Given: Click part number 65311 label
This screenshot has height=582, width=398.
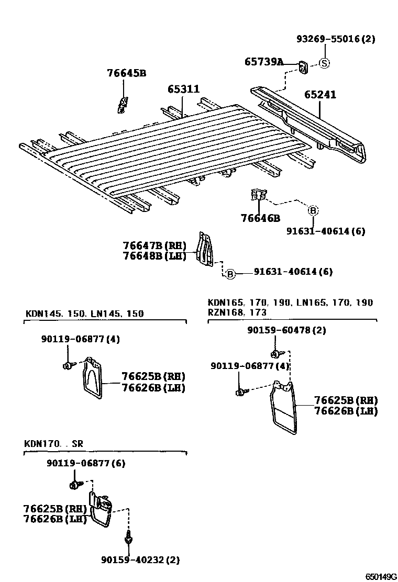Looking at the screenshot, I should click(x=183, y=89).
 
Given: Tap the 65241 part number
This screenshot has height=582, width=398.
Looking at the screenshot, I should click(x=320, y=95).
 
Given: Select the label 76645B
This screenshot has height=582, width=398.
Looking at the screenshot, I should click(x=127, y=73).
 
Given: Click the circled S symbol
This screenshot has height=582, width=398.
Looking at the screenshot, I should click(x=324, y=63).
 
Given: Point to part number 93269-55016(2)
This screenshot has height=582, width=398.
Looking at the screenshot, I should click(x=336, y=39).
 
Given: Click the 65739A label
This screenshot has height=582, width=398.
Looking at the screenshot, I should click(x=264, y=62).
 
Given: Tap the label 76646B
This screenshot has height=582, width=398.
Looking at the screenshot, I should click(x=260, y=218).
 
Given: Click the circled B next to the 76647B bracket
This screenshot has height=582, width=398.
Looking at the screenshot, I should click(x=230, y=273).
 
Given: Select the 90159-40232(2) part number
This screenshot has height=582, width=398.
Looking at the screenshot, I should click(x=140, y=560).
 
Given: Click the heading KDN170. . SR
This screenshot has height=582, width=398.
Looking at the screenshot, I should click(x=54, y=444).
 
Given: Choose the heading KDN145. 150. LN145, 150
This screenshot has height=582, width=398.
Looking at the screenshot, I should click(x=84, y=314).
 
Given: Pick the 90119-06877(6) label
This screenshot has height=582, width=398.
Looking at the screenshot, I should click(x=85, y=463).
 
